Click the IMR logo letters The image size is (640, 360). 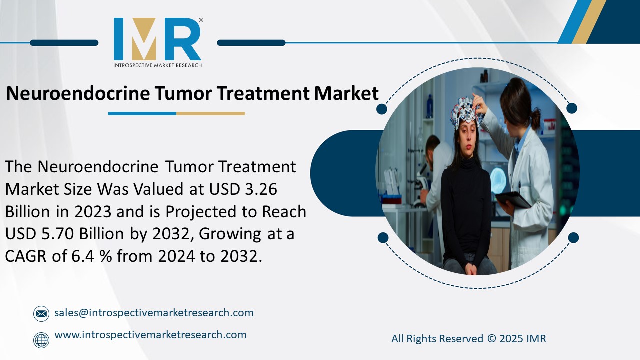tap(157, 40)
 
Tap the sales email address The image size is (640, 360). tap(154, 313)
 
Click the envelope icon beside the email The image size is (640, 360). tap(41, 314)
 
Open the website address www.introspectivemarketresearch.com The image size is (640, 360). tap(150, 335)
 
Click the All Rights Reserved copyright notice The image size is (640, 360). tap(468, 339)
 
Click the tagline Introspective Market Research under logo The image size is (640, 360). tap(157, 65)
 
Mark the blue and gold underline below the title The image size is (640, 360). tap(176, 114)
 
